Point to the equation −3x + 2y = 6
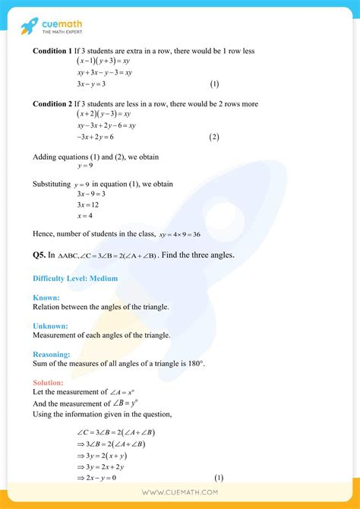coord(97,137)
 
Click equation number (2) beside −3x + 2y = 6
coord(214,137)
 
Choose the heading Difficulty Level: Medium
coord(75,278)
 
